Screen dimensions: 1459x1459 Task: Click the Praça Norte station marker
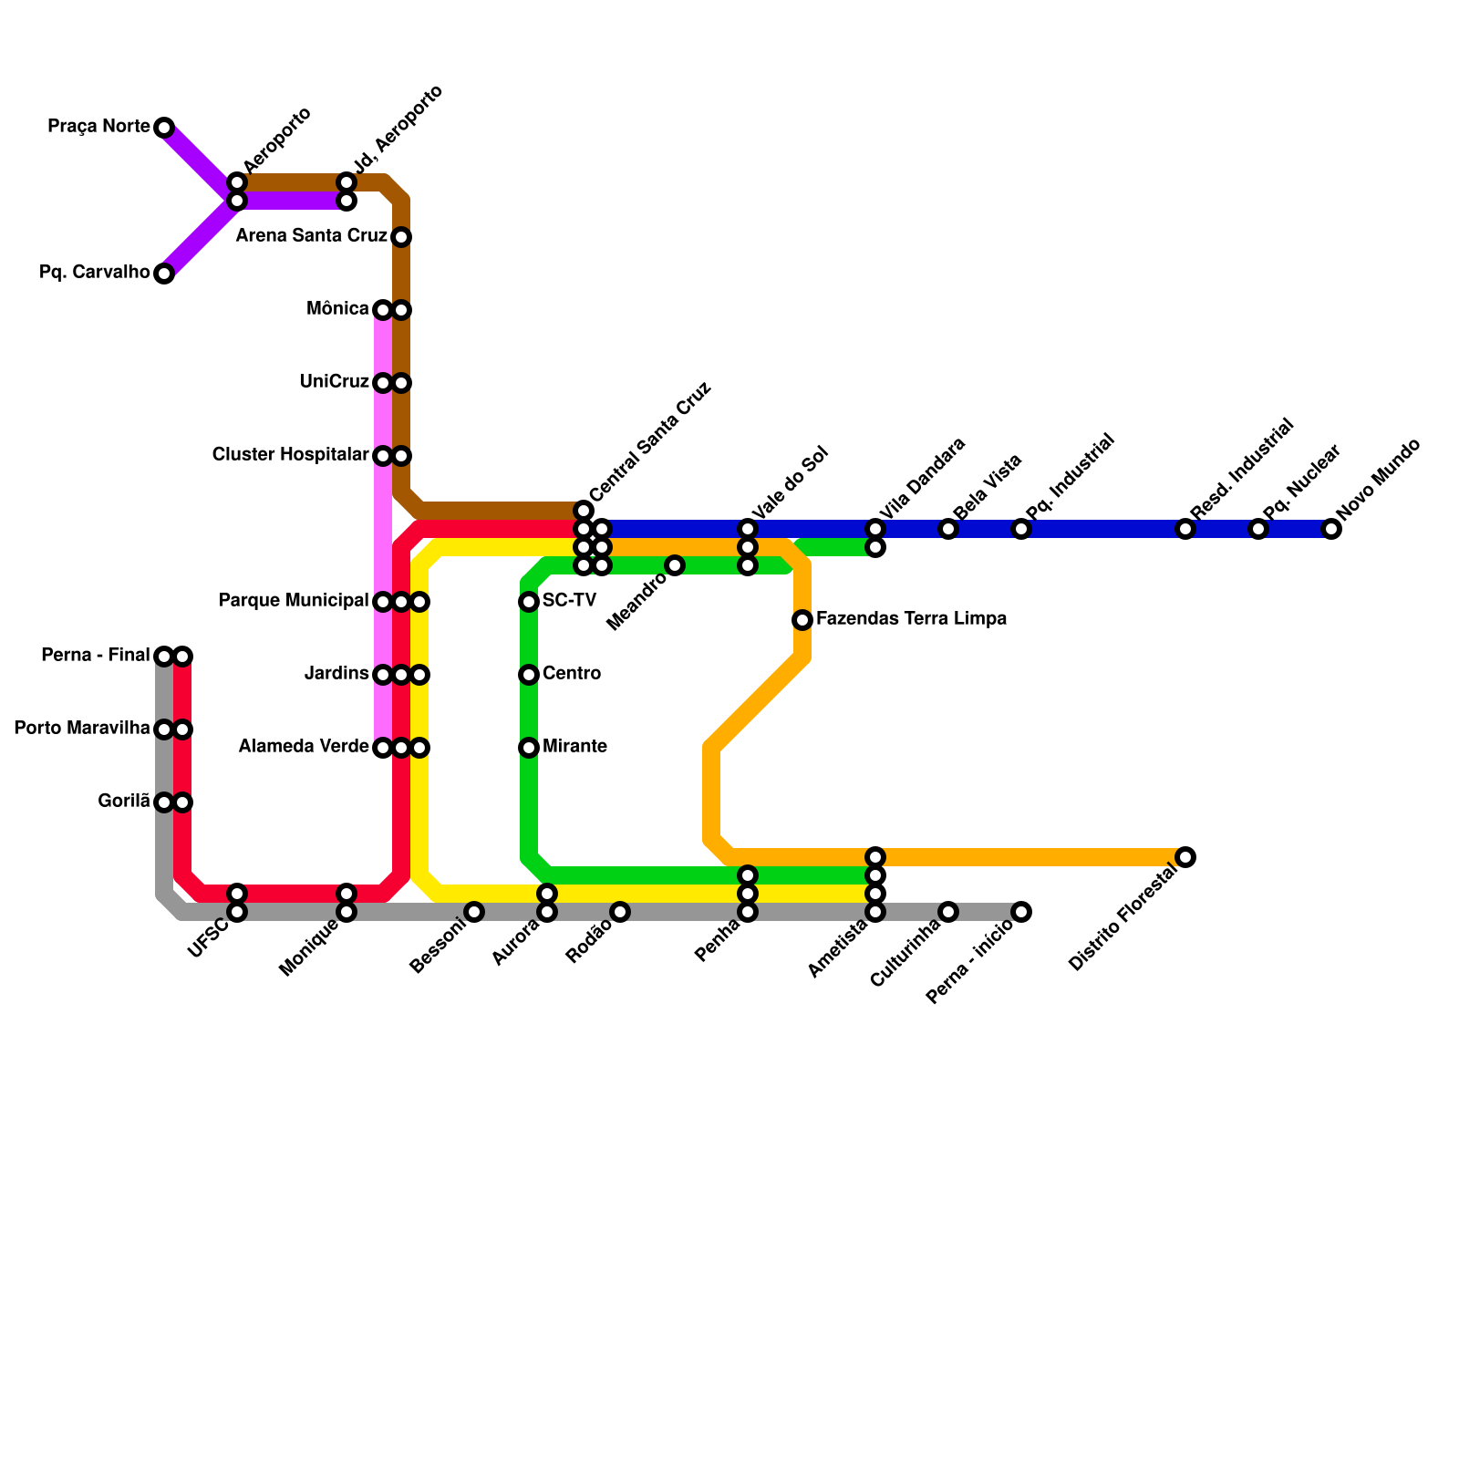coord(164,128)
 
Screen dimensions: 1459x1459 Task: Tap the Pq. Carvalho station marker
coord(164,274)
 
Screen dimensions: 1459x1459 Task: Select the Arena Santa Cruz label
coord(311,236)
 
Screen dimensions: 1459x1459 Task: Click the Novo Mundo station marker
coord(1331,529)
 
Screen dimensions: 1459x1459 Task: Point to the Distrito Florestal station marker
coord(1185,857)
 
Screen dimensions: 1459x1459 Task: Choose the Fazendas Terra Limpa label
coord(911,619)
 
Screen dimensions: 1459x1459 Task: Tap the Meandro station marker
coord(675,565)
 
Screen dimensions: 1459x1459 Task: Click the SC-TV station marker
coord(529,602)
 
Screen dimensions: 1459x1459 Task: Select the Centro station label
coord(572,674)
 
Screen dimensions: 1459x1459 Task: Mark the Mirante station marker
coord(529,748)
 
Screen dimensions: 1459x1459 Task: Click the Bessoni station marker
coord(474,912)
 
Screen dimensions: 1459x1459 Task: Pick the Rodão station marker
coord(620,912)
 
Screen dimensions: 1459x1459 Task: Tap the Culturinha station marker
coord(948,912)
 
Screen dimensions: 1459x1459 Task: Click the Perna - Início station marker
coord(1021,912)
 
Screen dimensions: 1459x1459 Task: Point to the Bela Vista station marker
coord(948,529)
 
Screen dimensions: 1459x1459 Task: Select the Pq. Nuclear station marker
coord(1258,529)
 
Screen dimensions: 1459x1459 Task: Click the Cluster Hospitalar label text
coord(290,454)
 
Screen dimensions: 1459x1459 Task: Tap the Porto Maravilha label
coord(82,729)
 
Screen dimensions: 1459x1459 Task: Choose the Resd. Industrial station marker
coord(1185,529)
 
